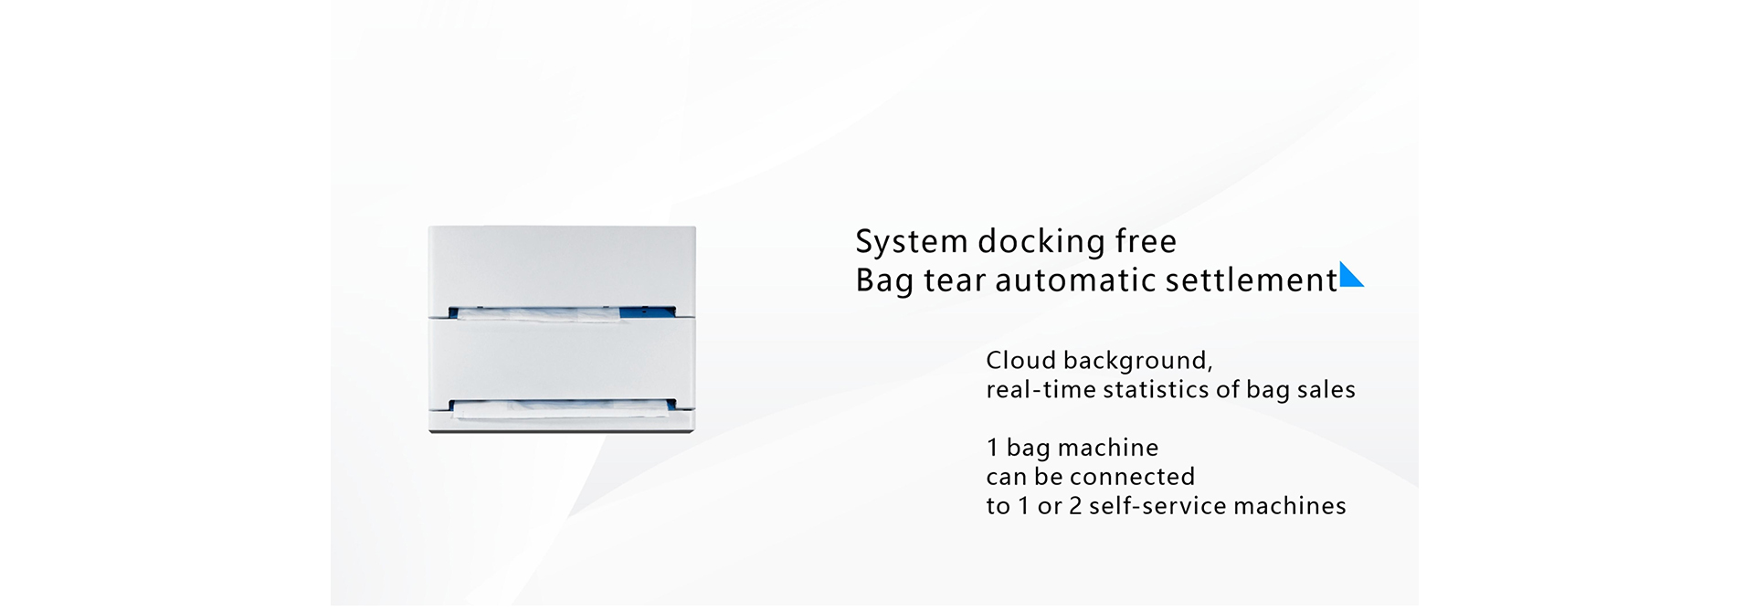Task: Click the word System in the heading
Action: [912, 242]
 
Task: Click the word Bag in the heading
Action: [884, 281]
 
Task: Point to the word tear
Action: [955, 280]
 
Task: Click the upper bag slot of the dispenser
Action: [562, 311]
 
